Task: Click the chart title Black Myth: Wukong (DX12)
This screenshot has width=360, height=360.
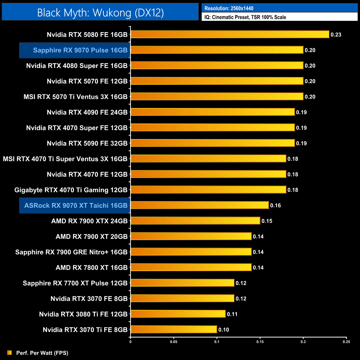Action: [x=100, y=12]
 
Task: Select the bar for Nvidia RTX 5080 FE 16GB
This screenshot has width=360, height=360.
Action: [x=230, y=34]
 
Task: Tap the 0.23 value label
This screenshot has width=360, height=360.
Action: [x=336, y=35]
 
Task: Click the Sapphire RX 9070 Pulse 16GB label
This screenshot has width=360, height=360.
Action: [x=80, y=50]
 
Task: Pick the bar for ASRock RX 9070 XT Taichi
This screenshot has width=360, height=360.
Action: [x=199, y=205]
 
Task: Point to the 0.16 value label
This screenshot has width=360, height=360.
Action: [x=276, y=205]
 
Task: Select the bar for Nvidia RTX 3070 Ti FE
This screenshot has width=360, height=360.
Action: [x=174, y=330]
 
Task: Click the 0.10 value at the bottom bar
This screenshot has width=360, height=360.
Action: [x=224, y=330]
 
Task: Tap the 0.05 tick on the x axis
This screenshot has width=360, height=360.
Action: [x=174, y=342]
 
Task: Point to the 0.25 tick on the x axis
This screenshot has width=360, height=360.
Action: [x=346, y=342]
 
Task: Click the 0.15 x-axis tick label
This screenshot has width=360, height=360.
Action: [x=260, y=342]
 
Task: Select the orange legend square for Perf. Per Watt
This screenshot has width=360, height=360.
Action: [x=10, y=353]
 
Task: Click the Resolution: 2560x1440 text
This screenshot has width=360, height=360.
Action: [x=229, y=8]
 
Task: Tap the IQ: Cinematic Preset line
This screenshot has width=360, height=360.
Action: [x=245, y=17]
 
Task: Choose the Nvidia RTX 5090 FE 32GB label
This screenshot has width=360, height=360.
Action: [x=87, y=143]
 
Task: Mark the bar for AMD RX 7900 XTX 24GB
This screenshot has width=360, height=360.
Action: [x=195, y=221]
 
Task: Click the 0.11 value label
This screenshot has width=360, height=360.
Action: [x=232, y=314]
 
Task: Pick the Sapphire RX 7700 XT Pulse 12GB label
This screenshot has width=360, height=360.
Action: [x=75, y=283]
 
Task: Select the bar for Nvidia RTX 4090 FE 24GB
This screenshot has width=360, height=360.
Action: [x=212, y=112]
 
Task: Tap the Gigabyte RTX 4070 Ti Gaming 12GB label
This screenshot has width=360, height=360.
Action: [x=71, y=190]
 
